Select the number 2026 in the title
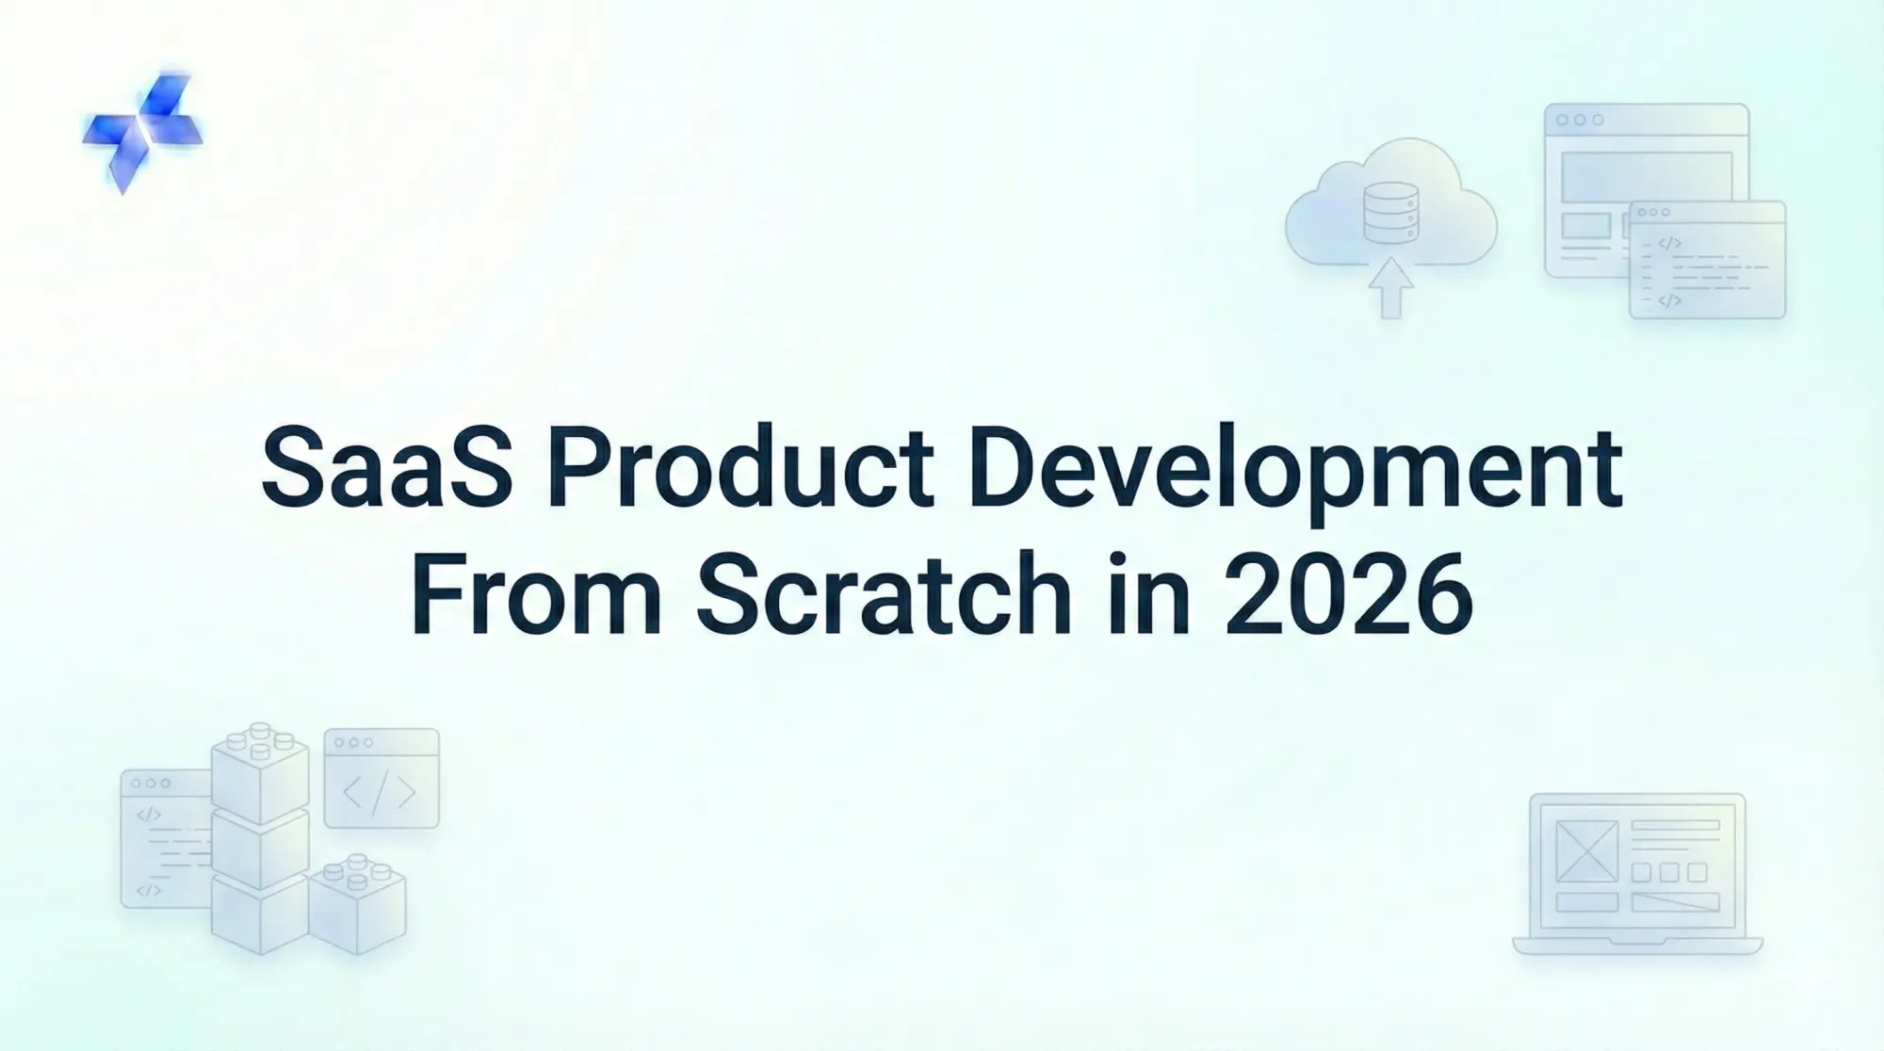click(1347, 593)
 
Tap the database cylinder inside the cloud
click(1390, 211)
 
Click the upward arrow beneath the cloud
click(1390, 287)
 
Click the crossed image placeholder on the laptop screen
click(1586, 851)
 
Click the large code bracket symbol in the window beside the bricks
click(380, 792)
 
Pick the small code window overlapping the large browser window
click(1707, 261)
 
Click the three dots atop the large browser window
click(1580, 121)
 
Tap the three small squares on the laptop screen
click(1669, 873)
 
